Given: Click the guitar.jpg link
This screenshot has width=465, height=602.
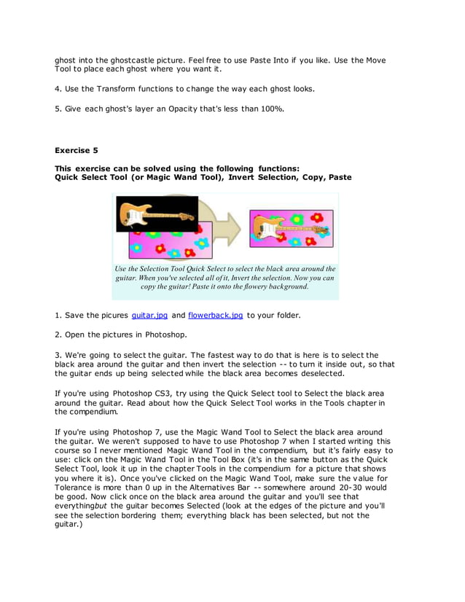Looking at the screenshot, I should coord(149,316).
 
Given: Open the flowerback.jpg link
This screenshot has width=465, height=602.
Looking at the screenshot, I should coord(215,316).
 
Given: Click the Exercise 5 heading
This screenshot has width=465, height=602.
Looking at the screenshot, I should coord(77,151).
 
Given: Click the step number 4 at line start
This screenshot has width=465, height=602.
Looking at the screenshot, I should coord(58,89).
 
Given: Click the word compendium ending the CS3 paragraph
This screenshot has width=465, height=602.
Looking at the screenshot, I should coord(85,412).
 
